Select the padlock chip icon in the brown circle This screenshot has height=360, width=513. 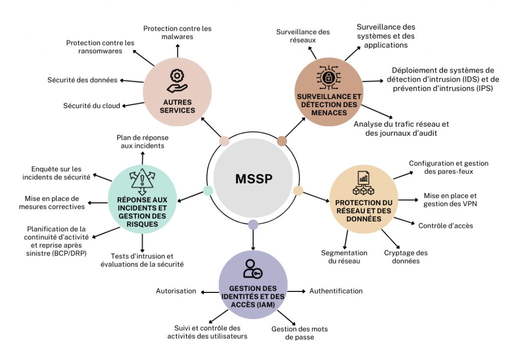pyautogui.click(x=329, y=78)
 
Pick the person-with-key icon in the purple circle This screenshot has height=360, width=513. pyautogui.click(x=252, y=269)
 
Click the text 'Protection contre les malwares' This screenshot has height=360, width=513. pyautogui.click(x=177, y=33)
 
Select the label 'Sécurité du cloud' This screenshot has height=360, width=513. pyautogui.click(x=92, y=106)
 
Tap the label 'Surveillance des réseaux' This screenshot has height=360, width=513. pyautogui.click(x=303, y=36)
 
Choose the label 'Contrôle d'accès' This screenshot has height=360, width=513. pyautogui.click(x=445, y=225)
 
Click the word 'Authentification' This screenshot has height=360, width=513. pyautogui.click(x=336, y=291)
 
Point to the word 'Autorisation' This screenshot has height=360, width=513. pyautogui.click(x=176, y=291)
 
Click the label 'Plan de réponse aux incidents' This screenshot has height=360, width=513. pyautogui.click(x=142, y=142)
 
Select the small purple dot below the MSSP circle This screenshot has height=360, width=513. pyautogui.click(x=253, y=224)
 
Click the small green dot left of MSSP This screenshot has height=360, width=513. pyautogui.click(x=208, y=190)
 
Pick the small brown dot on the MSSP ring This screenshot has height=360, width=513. pyautogui.click(x=282, y=141)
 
